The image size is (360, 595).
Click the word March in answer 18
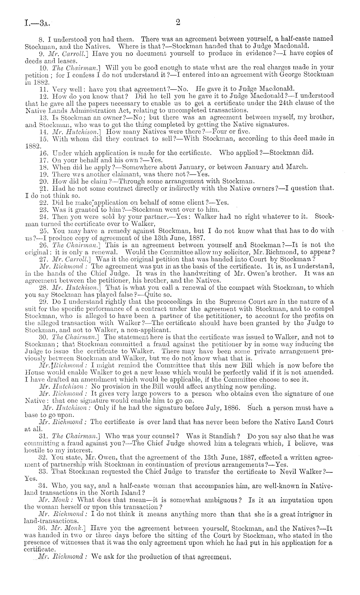(296, 167)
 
